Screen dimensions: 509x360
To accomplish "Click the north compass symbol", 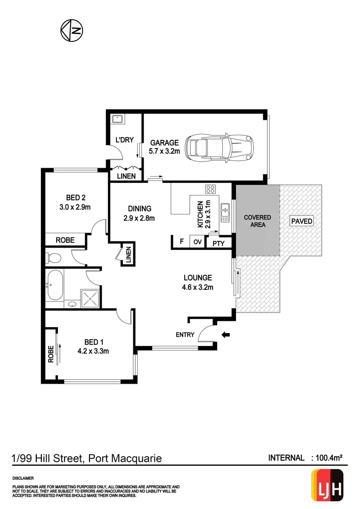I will [72, 30].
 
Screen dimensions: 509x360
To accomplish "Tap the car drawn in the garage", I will [219, 147].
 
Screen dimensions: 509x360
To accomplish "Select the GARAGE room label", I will [164, 143].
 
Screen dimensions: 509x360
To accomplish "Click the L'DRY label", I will [124, 140].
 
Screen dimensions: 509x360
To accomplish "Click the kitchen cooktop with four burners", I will [211, 189].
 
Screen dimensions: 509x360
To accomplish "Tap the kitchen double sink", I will [225, 212].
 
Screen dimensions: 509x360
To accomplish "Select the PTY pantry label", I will [218, 243].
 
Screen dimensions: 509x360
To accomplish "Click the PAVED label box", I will [302, 221].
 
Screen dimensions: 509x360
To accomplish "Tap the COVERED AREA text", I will [257, 221].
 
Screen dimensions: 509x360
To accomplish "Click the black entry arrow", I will [226, 335].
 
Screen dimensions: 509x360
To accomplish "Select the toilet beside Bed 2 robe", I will [53, 258].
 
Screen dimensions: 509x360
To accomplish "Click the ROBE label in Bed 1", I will [50, 354].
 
